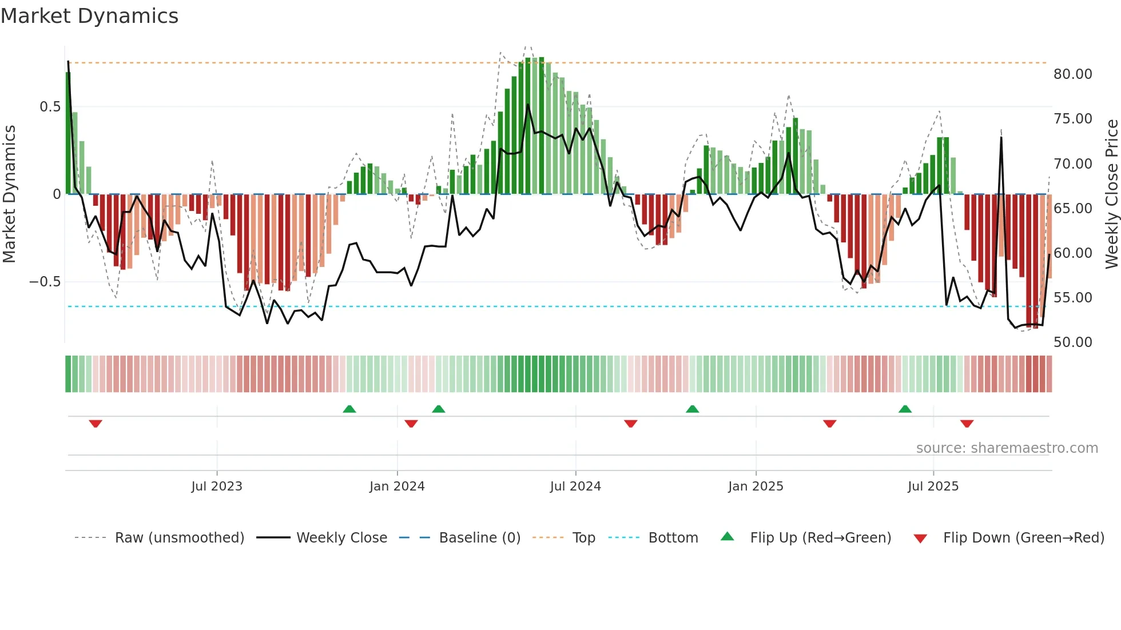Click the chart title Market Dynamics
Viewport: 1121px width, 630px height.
coord(89,16)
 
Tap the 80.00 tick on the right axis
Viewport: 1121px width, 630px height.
coord(1072,74)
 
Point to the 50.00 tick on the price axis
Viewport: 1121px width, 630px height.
coord(1072,342)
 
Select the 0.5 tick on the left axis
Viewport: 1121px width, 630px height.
coord(50,107)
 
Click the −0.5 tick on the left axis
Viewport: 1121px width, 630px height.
coord(45,282)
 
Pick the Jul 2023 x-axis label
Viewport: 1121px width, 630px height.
coord(217,487)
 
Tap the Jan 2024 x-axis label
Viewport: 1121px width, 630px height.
coord(397,487)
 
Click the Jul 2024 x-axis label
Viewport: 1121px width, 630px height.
coord(575,487)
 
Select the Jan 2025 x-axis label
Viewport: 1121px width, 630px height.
coord(756,487)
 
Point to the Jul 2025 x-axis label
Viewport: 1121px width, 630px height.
coord(933,487)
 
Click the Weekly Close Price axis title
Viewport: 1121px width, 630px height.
coord(1111,194)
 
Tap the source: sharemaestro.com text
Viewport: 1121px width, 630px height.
coord(1007,448)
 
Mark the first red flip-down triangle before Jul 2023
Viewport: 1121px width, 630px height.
coord(96,424)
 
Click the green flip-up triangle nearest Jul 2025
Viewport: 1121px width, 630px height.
coord(905,409)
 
